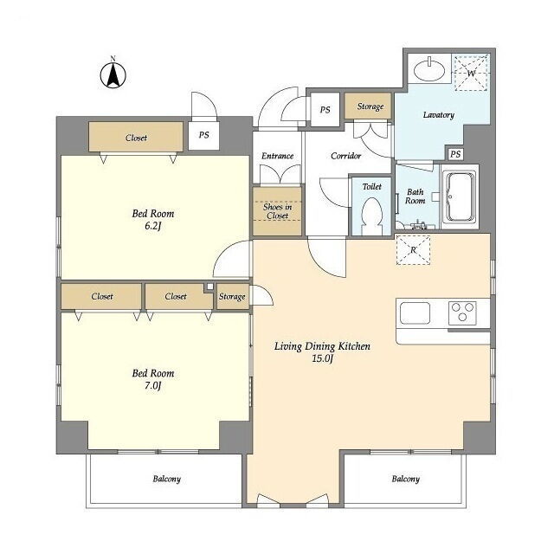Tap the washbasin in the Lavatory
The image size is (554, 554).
pos(429,69)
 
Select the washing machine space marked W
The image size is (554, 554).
pos(472,73)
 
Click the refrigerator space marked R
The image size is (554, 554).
pos(414,250)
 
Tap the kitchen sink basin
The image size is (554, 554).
pos(415,313)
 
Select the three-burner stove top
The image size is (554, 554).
pos(462,312)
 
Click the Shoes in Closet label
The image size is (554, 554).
pos(277,211)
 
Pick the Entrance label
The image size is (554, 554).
pos(277,156)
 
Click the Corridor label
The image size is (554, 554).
pos(346,156)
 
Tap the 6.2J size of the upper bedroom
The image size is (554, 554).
pos(152,226)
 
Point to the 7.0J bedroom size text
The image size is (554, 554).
pos(152,386)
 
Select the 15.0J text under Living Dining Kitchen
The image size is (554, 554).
pos(323,358)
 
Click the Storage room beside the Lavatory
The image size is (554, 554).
pos(368,106)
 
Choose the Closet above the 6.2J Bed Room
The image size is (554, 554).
pos(136,137)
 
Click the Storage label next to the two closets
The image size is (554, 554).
pos(232,296)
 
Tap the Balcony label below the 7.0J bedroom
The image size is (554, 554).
pos(167,479)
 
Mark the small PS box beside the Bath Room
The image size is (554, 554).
pos(455,154)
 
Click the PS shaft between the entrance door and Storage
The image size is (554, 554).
pos(325,110)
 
